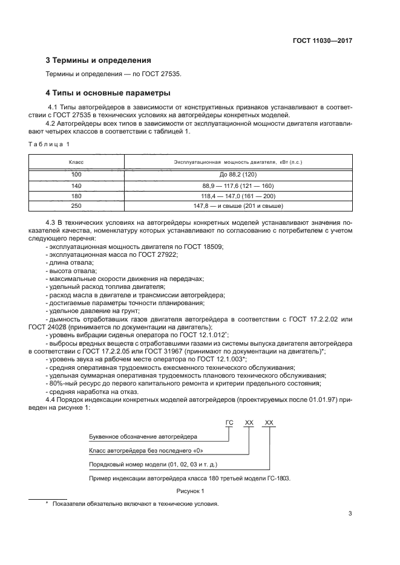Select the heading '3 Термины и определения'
(98, 60)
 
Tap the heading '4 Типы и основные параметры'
(108, 93)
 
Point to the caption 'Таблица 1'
(50, 144)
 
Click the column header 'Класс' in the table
(76, 163)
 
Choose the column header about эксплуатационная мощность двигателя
(238, 163)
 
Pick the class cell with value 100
(76, 176)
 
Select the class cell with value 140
(76, 186)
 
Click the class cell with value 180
(76, 196)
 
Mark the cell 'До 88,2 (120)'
(238, 176)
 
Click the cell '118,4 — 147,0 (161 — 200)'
(238, 196)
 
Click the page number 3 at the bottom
(350, 514)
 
